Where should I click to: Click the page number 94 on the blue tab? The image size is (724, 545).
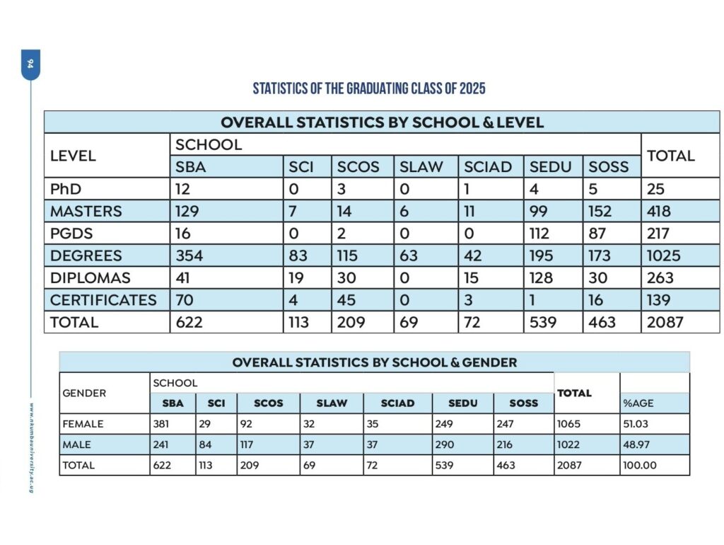[30, 64]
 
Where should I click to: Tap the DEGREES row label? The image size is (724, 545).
[86, 256]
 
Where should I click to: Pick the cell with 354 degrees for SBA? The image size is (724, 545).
[189, 256]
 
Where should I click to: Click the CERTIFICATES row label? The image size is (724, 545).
[103, 299]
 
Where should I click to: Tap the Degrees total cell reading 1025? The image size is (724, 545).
[662, 256]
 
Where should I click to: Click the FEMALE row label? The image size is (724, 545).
[83, 424]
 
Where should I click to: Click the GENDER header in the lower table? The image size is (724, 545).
[85, 393]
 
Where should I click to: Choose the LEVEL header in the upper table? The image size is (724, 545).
[73, 156]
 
